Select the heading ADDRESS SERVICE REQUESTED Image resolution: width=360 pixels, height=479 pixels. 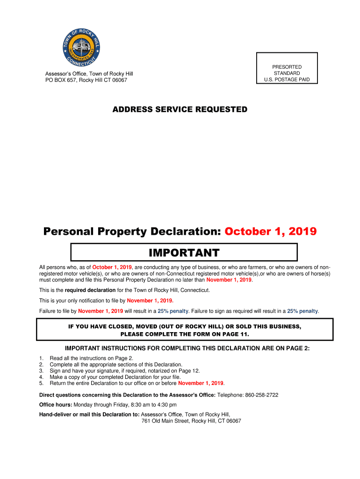click(x=180, y=109)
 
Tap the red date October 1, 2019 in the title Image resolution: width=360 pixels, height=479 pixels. click(x=270, y=232)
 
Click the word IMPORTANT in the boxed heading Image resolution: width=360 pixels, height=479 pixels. click(x=184, y=253)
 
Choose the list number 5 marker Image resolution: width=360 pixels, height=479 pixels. click(x=41, y=383)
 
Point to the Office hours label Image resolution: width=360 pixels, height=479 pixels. click(x=55, y=405)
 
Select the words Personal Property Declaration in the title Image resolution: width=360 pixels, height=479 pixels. click(x=132, y=232)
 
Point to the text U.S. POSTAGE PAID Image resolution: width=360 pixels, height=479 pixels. click(x=287, y=80)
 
